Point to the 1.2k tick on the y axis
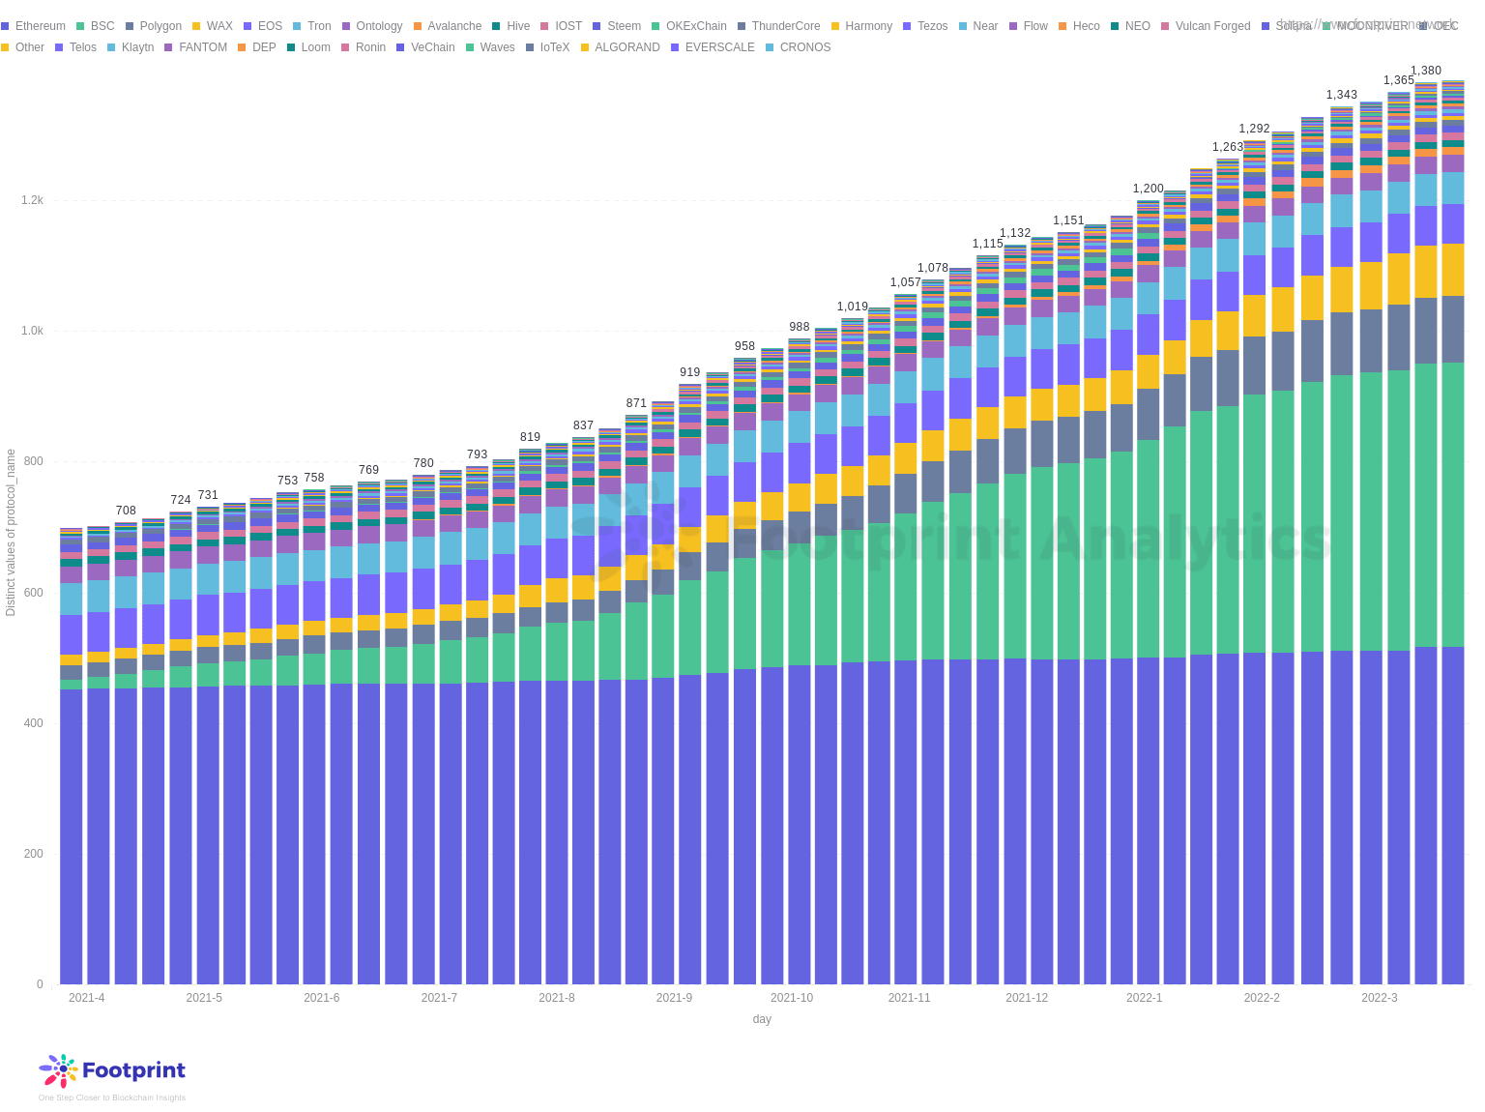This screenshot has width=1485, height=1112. [x=32, y=200]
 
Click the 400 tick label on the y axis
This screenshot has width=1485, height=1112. [x=33, y=723]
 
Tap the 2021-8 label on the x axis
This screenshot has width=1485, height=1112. [x=557, y=998]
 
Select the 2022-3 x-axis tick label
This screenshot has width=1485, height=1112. [x=1380, y=998]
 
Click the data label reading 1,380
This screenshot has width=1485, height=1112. [x=1425, y=71]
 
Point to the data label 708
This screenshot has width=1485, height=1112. [x=126, y=511]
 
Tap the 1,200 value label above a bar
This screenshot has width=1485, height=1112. [x=1149, y=189]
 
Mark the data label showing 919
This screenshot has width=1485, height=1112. [x=689, y=372]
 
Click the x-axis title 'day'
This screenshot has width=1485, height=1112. [x=762, y=1019]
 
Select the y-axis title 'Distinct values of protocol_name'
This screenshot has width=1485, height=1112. [x=11, y=532]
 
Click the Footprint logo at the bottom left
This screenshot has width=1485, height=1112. [x=112, y=1070]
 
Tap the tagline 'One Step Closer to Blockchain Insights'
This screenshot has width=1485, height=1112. [x=112, y=1097]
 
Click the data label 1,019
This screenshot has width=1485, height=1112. [x=853, y=307]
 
